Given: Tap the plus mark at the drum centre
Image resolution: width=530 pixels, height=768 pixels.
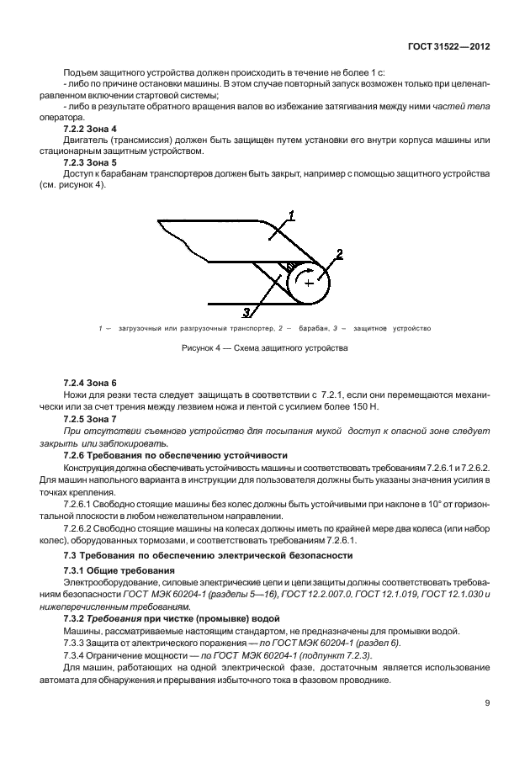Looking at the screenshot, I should coord(309,283).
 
